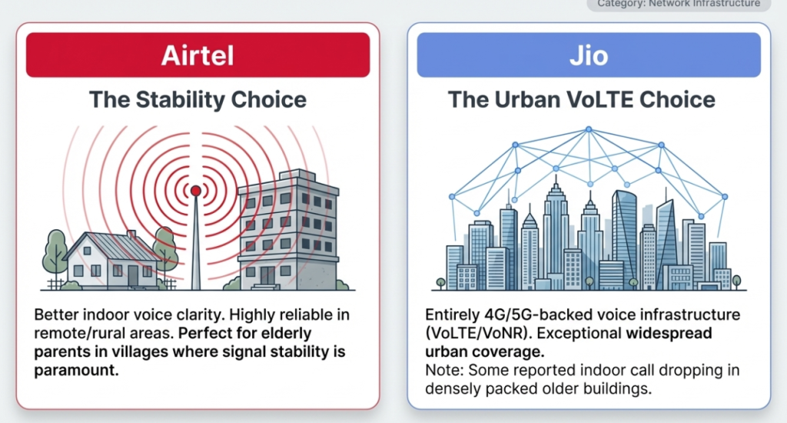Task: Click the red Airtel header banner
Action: point(198,55)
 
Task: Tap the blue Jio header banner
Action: point(588,55)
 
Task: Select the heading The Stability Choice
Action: point(198,99)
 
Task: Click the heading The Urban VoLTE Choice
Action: point(581,99)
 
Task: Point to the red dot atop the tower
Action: point(195,190)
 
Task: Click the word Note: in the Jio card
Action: point(443,371)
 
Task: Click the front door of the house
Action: point(132,275)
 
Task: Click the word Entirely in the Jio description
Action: point(453,316)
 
